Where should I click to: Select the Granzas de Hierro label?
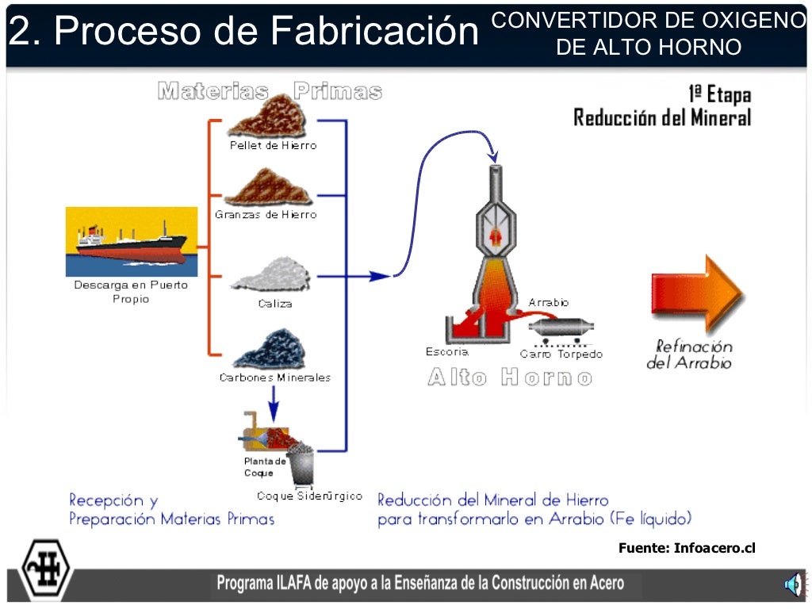[x=266, y=215]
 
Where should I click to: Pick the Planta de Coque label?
[x=264, y=467]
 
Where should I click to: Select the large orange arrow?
[x=696, y=294]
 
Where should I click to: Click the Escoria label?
[x=446, y=352]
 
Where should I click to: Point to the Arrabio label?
[x=549, y=303]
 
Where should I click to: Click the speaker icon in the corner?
[x=792, y=585]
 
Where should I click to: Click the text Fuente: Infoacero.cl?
[x=687, y=547]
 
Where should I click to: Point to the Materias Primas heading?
[x=270, y=91]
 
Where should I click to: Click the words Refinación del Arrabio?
[x=689, y=354]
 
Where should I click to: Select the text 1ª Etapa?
[x=718, y=94]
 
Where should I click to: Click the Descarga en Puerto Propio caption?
[x=131, y=292]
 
